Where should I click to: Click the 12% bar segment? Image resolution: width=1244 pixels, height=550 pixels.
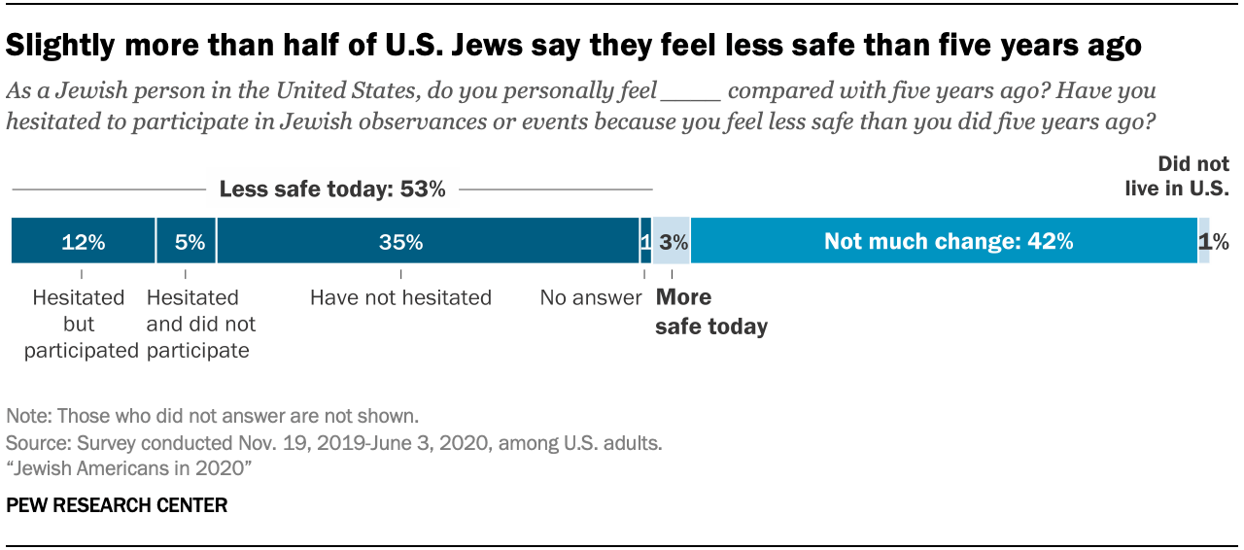(83, 241)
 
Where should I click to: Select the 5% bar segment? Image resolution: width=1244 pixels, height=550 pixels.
(186, 241)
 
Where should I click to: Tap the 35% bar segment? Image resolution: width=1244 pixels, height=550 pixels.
(428, 241)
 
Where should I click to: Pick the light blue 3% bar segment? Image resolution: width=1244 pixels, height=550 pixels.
(671, 241)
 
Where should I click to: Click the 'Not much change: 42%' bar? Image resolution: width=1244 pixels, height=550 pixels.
(944, 241)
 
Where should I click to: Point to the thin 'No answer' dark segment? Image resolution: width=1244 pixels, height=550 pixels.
(645, 241)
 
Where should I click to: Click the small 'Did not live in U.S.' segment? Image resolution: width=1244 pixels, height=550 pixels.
(1204, 241)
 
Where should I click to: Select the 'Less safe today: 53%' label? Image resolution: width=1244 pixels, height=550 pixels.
(332, 189)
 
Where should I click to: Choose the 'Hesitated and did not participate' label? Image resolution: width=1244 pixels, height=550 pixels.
(200, 324)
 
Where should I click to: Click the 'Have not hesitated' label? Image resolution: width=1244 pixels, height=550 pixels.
(400, 297)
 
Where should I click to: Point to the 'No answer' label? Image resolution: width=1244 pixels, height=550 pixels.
(591, 297)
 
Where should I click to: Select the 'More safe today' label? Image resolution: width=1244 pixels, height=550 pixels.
(710, 312)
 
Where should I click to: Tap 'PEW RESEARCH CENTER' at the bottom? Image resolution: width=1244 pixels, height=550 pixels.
(117, 505)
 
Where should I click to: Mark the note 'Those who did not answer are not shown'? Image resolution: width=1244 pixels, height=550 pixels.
(212, 416)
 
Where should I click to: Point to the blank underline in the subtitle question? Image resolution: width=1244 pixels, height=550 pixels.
(689, 93)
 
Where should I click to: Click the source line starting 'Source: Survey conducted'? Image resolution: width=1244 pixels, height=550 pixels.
(333, 443)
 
